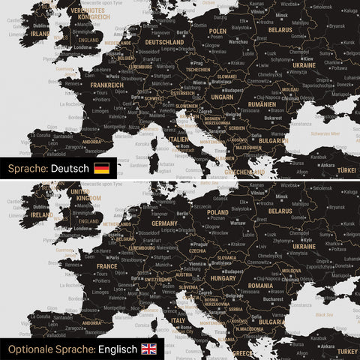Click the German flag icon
tap(101, 168)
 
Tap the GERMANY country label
tap(164, 223)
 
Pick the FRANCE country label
tap(106, 265)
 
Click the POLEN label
tap(217, 31)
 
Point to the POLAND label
tap(217, 212)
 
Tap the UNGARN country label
tap(222, 97)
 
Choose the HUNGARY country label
tap(223, 277)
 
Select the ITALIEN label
tap(178, 139)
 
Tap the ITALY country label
tap(178, 320)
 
